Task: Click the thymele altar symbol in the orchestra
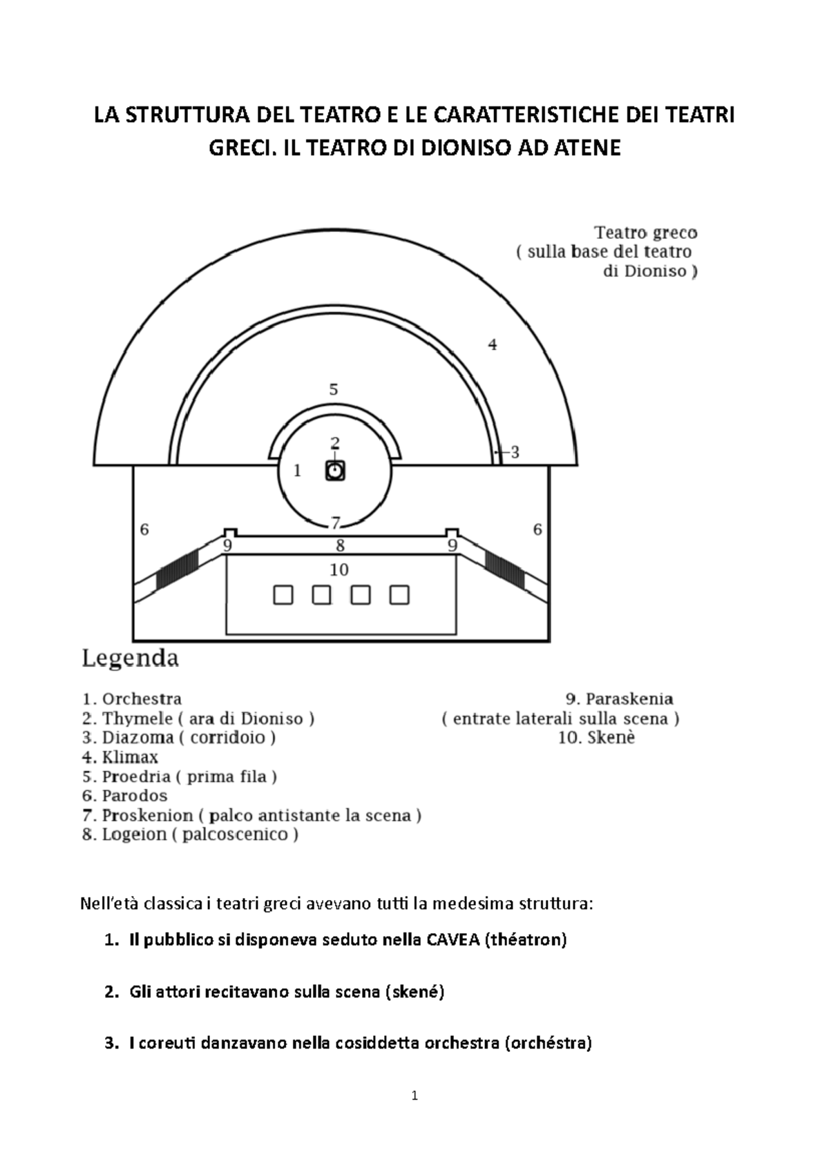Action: click(x=335, y=471)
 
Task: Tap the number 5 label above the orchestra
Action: click(x=334, y=389)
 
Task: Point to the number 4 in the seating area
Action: click(x=493, y=344)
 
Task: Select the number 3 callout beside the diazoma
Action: click(x=515, y=453)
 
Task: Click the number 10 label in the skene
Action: click(x=339, y=569)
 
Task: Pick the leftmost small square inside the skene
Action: click(x=283, y=594)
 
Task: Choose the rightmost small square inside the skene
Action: click(x=399, y=594)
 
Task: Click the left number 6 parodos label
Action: click(x=144, y=529)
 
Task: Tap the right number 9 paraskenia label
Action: click(x=452, y=545)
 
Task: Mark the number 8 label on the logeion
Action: click(x=340, y=545)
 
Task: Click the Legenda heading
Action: click(x=131, y=658)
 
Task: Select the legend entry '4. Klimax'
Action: click(x=120, y=757)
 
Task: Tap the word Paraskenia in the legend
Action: click(x=629, y=699)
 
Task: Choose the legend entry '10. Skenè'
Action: click(x=596, y=738)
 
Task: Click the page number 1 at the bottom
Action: click(x=414, y=1095)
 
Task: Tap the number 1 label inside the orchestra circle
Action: click(x=297, y=471)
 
